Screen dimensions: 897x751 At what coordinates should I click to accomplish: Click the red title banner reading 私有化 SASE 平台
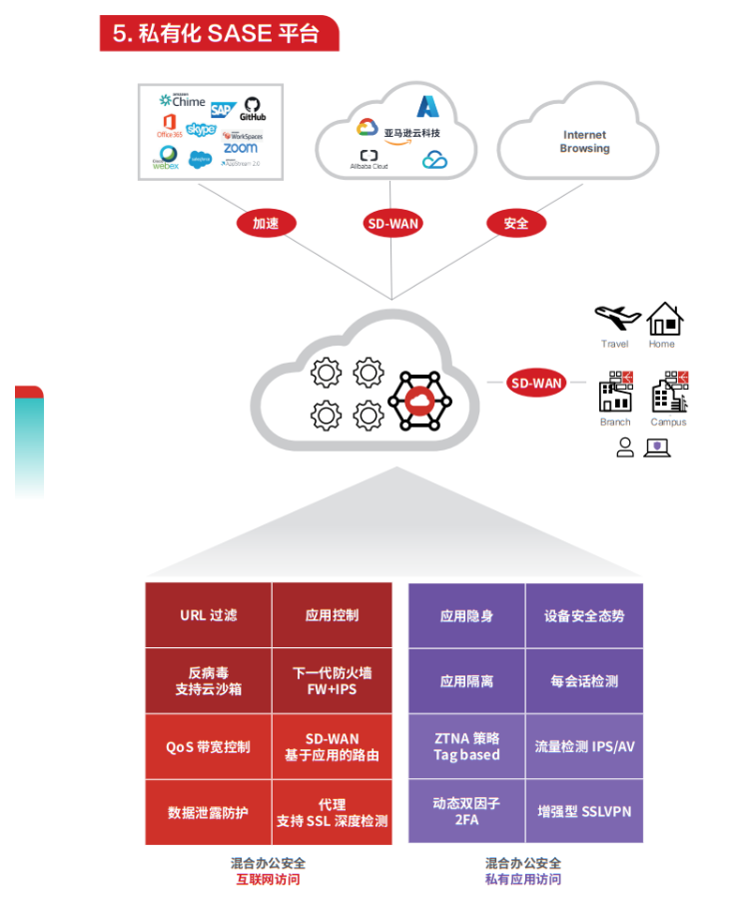[219, 33]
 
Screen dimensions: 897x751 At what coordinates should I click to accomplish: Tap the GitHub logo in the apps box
[252, 108]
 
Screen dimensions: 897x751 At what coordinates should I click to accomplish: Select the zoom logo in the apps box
[241, 148]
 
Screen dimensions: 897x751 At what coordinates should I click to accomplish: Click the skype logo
[201, 130]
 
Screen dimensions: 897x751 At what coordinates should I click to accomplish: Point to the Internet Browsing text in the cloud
[584, 142]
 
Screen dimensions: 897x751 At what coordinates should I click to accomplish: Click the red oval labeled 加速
[266, 224]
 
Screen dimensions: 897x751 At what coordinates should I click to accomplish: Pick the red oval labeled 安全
[515, 224]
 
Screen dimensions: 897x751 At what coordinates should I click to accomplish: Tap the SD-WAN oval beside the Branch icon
[536, 383]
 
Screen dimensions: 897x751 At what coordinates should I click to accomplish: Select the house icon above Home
[663, 319]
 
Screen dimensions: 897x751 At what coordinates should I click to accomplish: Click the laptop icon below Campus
[657, 448]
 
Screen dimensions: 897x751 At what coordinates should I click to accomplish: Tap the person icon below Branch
[625, 448]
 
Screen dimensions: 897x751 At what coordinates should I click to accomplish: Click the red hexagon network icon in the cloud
[418, 402]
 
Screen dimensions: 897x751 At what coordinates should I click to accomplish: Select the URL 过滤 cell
[208, 615]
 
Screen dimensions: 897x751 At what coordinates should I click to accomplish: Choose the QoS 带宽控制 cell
[208, 747]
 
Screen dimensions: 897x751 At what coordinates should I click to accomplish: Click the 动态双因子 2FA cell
[466, 811]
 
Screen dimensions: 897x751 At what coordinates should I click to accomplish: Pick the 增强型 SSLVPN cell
[584, 811]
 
